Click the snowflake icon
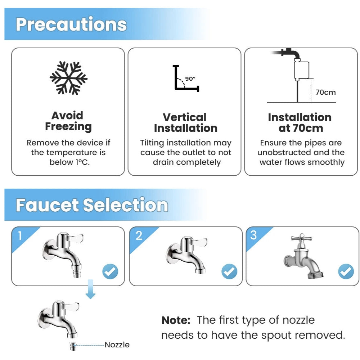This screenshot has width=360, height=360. click(x=68, y=78)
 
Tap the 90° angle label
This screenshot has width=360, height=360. click(x=190, y=78)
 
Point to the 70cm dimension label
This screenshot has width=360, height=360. click(x=325, y=92)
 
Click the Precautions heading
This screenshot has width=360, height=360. click(x=71, y=24)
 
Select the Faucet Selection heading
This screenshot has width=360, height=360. click(x=92, y=205)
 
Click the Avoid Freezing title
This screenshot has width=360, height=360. click(x=68, y=121)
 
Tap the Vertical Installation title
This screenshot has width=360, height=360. click(x=185, y=123)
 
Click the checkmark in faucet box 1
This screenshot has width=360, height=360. click(x=110, y=271)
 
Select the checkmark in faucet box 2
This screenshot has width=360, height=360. click(x=229, y=271)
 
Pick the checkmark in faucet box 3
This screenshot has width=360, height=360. click(x=346, y=271)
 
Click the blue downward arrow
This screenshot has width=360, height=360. click(x=90, y=289)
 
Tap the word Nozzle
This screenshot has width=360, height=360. click(x=117, y=345)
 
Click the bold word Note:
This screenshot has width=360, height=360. click(x=176, y=320)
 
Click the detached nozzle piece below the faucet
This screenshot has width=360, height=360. click(x=73, y=346)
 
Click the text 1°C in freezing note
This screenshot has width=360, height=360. click(x=82, y=162)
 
